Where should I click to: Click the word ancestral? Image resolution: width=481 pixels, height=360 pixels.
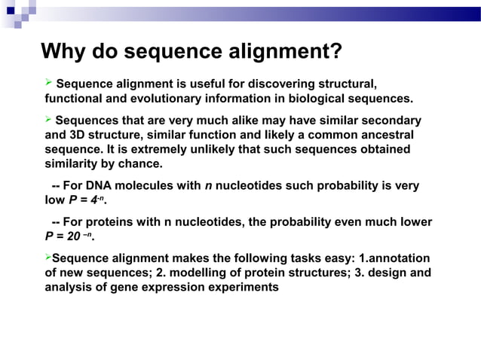383,136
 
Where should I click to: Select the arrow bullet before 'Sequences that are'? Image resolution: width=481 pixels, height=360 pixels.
49,120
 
